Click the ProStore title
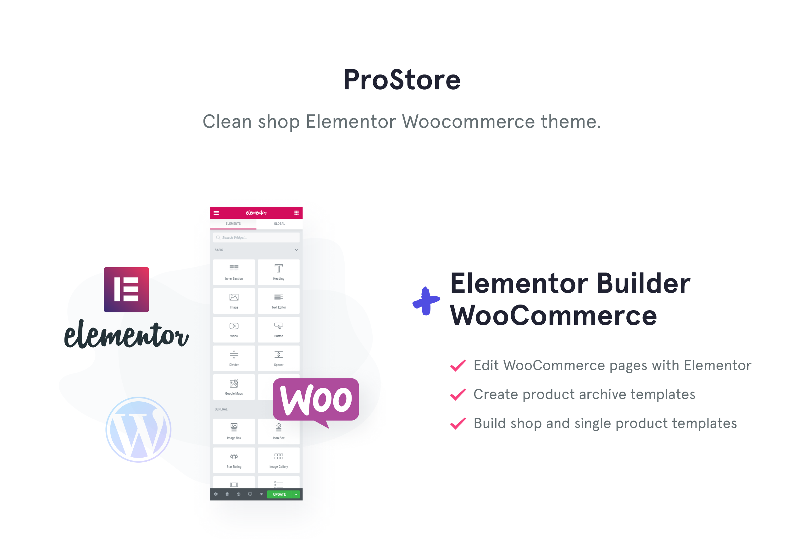402,80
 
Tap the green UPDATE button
279,494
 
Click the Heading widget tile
279,272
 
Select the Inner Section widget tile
234,272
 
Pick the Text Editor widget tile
279,301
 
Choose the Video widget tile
234,330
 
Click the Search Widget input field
256,238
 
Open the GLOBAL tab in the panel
279,224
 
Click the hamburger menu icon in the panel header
216,213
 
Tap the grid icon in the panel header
297,213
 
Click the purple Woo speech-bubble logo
316,400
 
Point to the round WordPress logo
138,430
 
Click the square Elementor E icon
126,289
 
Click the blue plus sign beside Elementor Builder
426,301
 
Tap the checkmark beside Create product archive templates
458,395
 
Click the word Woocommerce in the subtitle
468,122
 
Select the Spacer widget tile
279,358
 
